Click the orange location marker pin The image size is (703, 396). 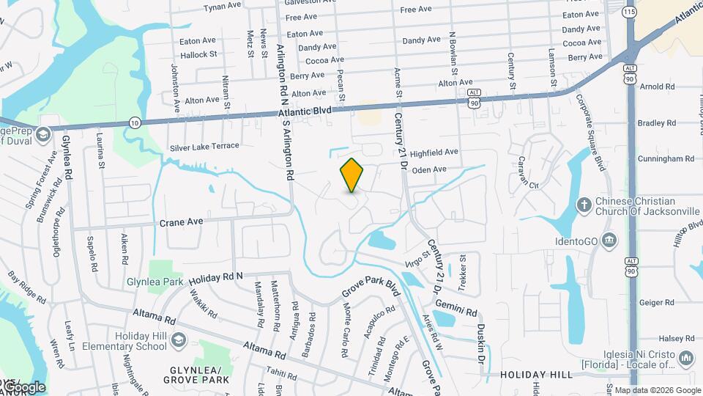tap(352, 175)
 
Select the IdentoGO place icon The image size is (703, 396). tap(609, 240)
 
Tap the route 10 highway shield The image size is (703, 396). tap(135, 122)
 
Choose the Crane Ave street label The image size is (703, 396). tap(180, 221)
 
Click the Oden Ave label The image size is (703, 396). tap(429, 169)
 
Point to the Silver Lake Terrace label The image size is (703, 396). tap(204, 146)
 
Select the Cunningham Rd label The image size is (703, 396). tap(666, 158)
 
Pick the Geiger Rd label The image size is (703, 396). tap(656, 302)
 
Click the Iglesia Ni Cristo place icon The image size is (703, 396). tap(686, 357)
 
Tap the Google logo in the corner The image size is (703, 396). tap(24, 386)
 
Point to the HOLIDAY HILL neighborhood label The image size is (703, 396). tap(536, 375)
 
